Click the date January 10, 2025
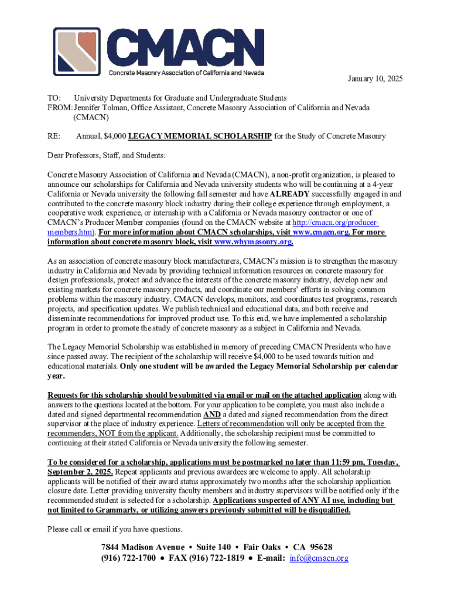(x=375, y=79)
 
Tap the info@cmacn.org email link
(x=319, y=558)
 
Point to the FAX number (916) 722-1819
(x=218, y=558)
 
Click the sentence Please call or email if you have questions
(x=115, y=529)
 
